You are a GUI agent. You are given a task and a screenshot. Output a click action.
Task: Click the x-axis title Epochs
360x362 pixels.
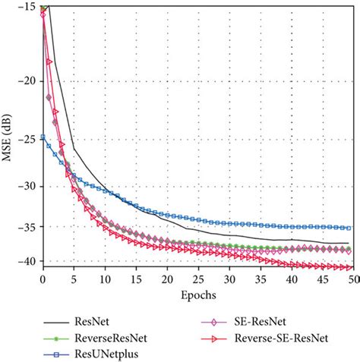tap(197, 293)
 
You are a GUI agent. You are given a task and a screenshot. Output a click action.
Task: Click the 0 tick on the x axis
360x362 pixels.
tap(43, 279)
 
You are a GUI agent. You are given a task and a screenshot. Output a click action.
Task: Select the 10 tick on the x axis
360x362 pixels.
tap(105, 279)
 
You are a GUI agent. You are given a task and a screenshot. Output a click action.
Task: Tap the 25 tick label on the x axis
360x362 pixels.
tap(197, 279)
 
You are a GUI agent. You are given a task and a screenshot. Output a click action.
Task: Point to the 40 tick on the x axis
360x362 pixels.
tap(290, 279)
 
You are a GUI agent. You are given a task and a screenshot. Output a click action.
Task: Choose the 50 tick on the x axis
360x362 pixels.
tap(352, 279)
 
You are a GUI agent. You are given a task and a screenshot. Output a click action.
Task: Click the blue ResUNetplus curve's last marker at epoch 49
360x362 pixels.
tap(347, 228)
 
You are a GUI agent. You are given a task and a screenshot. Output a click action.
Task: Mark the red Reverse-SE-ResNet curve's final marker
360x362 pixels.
tap(347, 267)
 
